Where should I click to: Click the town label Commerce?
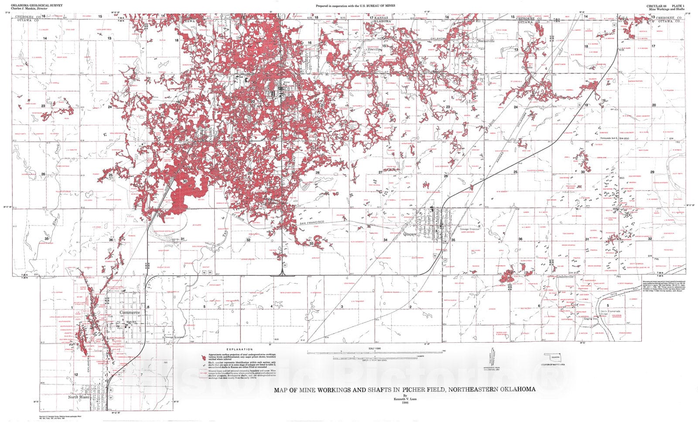click(130, 313)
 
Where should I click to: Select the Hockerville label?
click(486, 41)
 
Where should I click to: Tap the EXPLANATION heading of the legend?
click(242, 349)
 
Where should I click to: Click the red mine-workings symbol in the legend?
click(202, 356)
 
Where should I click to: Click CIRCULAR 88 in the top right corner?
click(657, 5)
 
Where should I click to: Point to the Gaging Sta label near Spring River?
click(591, 319)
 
